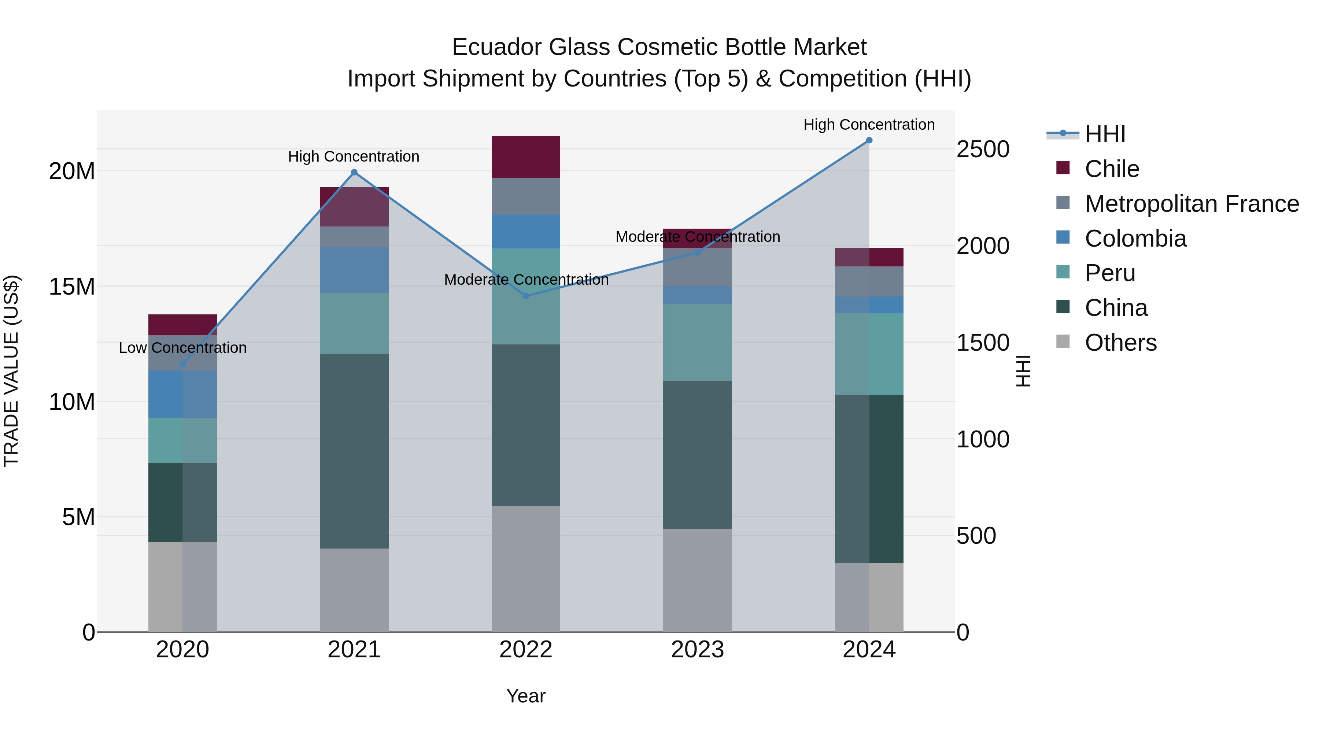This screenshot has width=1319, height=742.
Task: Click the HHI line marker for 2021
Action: pyautogui.click(x=354, y=173)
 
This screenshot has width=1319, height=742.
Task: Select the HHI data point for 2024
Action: pyautogui.click(x=869, y=140)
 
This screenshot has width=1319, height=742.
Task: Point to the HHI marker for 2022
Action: pyautogui.click(x=526, y=296)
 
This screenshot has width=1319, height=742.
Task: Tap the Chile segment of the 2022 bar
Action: pyautogui.click(x=526, y=157)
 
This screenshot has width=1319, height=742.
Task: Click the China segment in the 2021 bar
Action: pyautogui.click(x=354, y=451)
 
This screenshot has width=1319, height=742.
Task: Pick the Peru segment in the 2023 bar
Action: pyautogui.click(x=697, y=342)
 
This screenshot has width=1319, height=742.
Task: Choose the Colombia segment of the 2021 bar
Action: pyautogui.click(x=354, y=270)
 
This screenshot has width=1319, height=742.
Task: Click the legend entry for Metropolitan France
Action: pyautogui.click(x=1191, y=204)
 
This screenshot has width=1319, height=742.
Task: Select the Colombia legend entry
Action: pyautogui.click(x=1135, y=239)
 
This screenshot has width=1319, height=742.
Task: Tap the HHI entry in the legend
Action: pyautogui.click(x=1105, y=134)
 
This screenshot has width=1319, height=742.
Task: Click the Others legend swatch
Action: pyautogui.click(x=1063, y=342)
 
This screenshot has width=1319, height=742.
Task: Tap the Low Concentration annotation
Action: pyautogui.click(x=183, y=348)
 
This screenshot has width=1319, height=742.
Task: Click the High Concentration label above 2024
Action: pyautogui.click(x=869, y=125)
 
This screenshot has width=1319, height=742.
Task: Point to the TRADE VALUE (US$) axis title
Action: pyautogui.click(x=11, y=371)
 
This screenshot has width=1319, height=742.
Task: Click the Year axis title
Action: pyautogui.click(x=526, y=696)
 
